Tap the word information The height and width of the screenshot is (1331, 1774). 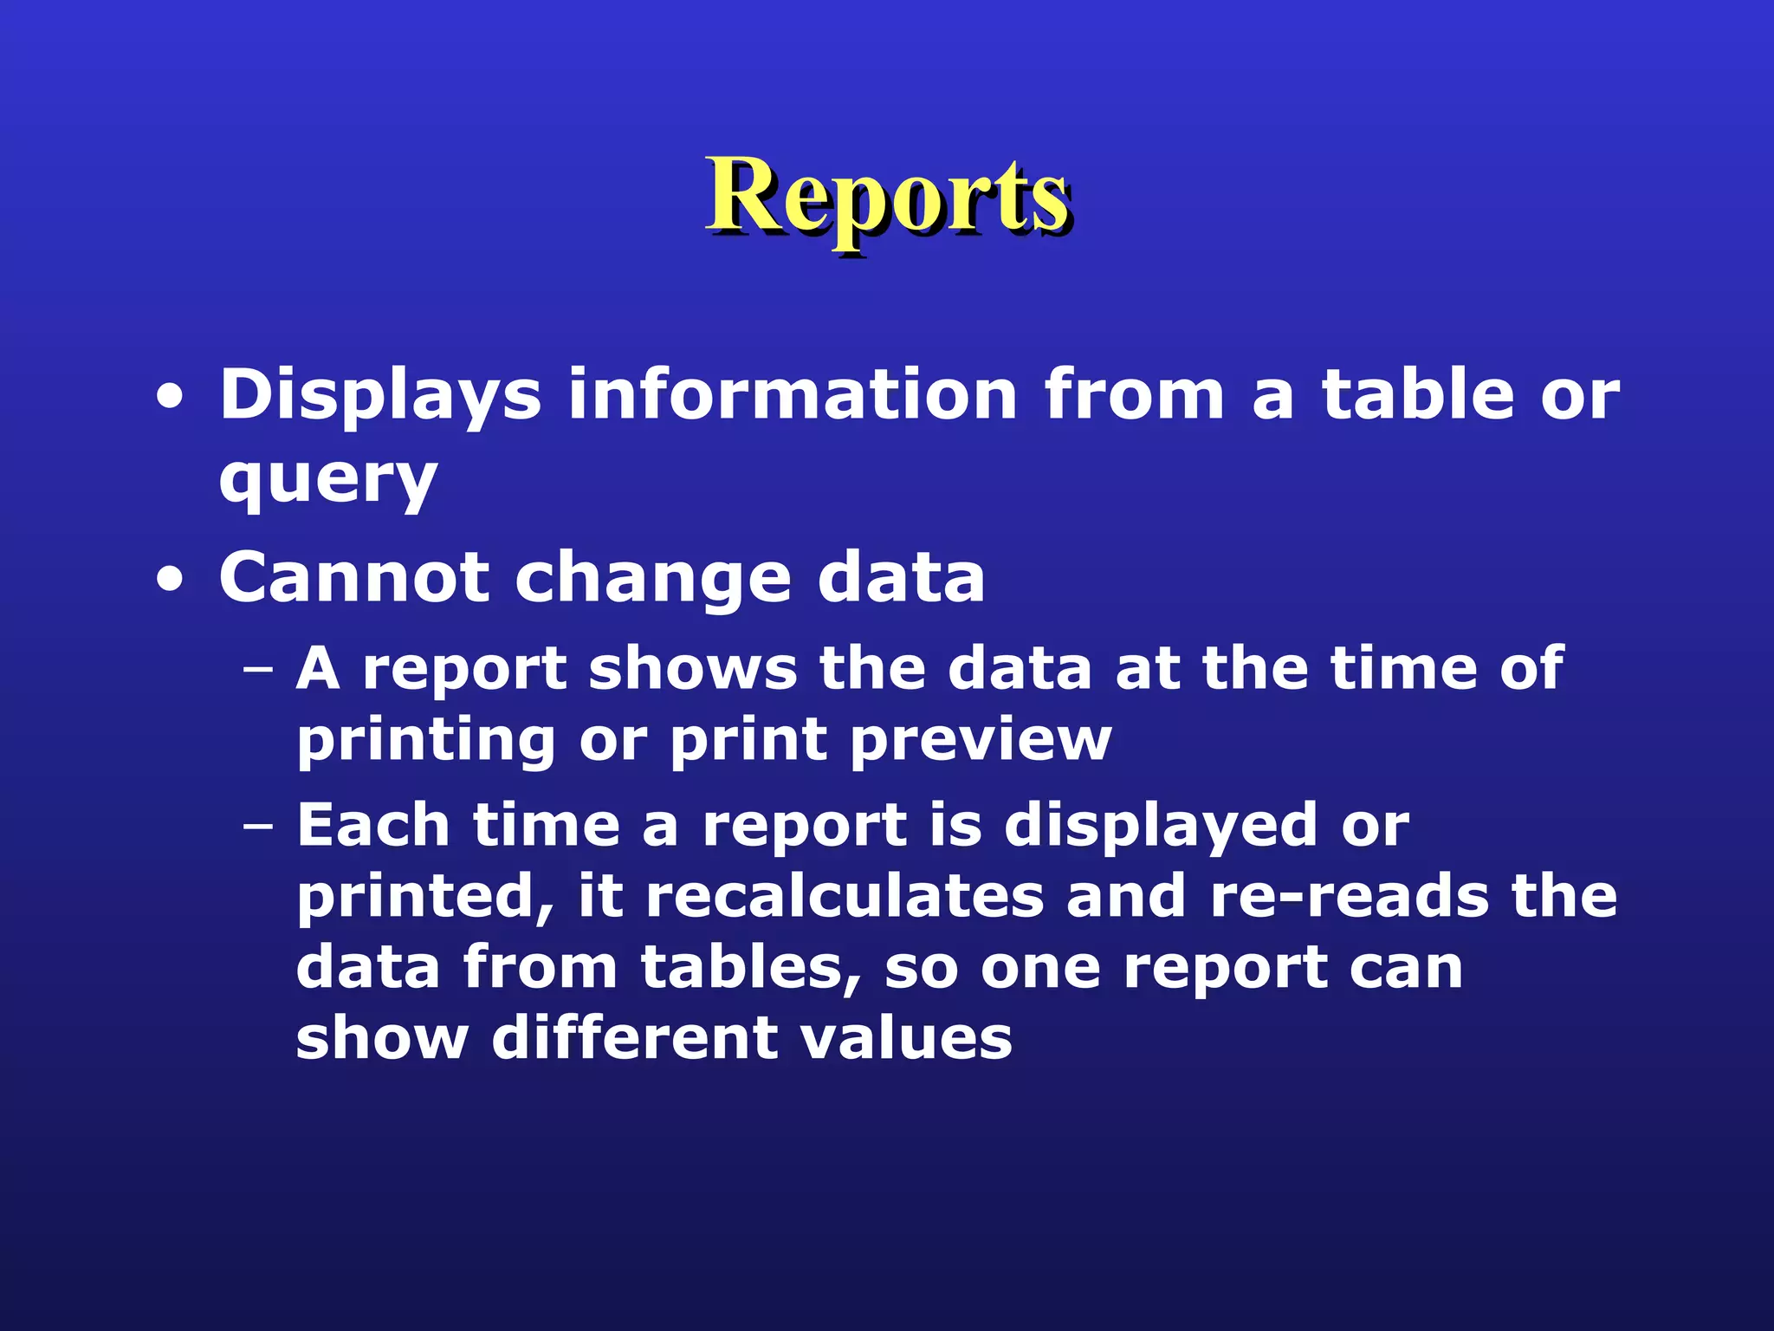(792, 395)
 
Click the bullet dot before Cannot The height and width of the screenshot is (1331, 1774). (171, 581)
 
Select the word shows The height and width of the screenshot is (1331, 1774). (692, 669)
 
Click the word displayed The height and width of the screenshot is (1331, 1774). (1161, 827)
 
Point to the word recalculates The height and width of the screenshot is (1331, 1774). (845, 896)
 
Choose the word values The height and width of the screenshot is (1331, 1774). (906, 1038)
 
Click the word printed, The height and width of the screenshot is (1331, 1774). (425, 898)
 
